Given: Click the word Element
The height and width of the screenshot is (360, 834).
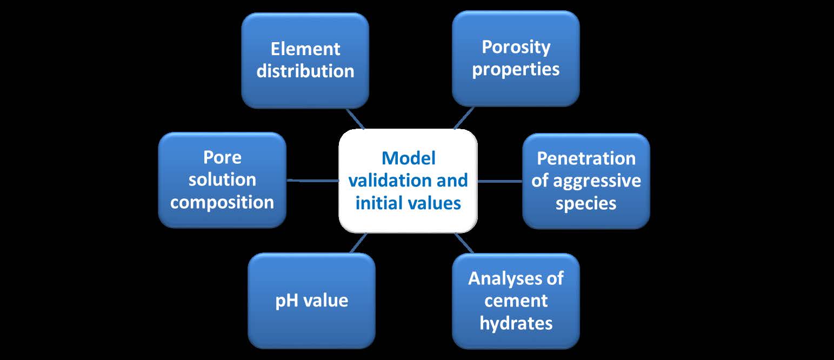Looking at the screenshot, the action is tap(305, 49).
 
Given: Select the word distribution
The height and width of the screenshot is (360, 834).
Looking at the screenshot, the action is tap(305, 71).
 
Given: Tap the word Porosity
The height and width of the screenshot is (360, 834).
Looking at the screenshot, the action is tap(516, 47).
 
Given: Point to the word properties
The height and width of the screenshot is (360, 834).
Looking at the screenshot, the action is tap(516, 70).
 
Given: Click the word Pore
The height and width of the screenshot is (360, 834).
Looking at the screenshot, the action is tap(222, 157).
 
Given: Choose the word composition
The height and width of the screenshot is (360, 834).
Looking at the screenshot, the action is tap(222, 203).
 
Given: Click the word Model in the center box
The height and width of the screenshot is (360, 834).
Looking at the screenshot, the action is tap(409, 158).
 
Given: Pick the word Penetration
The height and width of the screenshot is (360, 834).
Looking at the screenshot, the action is tap(586, 158).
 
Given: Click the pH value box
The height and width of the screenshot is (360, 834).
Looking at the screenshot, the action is tap(312, 301).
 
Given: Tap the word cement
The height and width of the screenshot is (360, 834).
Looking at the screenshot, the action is tap(516, 301).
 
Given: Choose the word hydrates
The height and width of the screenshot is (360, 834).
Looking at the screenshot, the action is tap(516, 323).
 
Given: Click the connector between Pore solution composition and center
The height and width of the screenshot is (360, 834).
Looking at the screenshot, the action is tap(313, 181).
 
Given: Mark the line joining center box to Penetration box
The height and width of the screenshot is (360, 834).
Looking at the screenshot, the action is tap(500, 181).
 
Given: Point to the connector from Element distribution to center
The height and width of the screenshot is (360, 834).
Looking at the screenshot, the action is tap(355, 119).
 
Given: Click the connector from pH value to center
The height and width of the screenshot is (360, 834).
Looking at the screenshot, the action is tap(358, 243).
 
